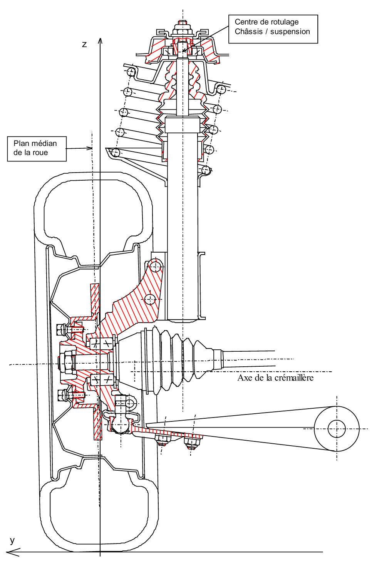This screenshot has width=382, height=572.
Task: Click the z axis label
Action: (x=84, y=44)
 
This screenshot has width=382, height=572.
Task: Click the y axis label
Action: (x=12, y=540)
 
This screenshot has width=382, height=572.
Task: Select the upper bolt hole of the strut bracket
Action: (x=155, y=265)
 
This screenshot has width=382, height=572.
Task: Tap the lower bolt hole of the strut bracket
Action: (x=151, y=298)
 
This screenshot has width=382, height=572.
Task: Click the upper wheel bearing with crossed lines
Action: (x=102, y=343)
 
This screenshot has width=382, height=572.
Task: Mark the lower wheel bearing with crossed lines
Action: (x=102, y=381)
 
